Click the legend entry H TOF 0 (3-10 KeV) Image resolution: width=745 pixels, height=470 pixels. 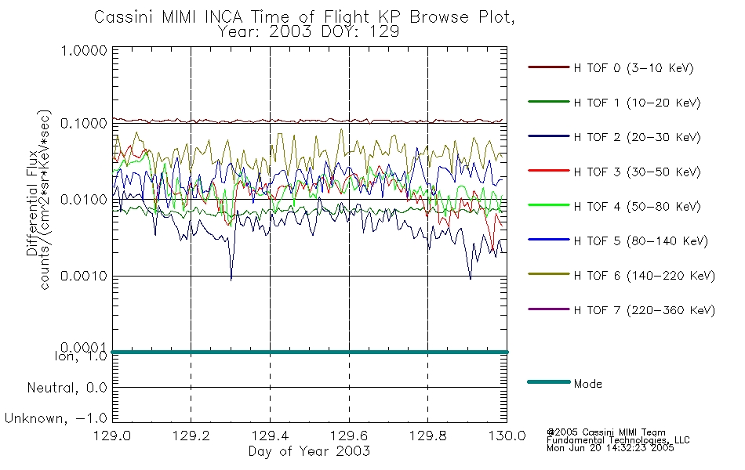(x=634, y=68)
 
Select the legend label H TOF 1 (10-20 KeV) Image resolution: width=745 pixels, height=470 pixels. (x=637, y=103)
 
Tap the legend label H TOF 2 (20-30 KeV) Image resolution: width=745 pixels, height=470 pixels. (x=637, y=137)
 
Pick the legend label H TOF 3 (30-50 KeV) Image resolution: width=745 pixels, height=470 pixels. (x=637, y=172)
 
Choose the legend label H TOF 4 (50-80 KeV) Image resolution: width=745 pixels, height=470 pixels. (x=637, y=207)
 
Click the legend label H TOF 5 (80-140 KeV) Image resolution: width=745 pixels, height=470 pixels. (x=641, y=241)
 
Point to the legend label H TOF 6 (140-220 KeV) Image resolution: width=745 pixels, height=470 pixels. (x=644, y=276)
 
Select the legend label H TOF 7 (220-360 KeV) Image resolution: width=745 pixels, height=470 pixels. (x=644, y=310)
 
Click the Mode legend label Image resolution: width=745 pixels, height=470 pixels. (x=587, y=384)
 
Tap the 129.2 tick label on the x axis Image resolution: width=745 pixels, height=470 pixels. (x=191, y=436)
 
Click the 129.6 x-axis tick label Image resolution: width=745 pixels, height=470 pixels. (x=349, y=436)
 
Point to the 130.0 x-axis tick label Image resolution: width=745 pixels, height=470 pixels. (x=507, y=436)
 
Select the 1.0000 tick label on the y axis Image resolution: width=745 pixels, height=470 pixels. (x=84, y=50)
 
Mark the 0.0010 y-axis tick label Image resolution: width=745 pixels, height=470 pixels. (x=84, y=276)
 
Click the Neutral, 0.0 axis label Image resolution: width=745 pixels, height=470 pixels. (x=67, y=388)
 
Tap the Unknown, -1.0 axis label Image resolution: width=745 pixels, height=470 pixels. (x=56, y=418)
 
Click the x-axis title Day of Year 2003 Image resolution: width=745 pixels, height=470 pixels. (x=309, y=451)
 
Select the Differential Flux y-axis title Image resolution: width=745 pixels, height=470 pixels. (x=32, y=203)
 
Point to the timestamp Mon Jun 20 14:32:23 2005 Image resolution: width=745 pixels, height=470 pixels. (x=610, y=448)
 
